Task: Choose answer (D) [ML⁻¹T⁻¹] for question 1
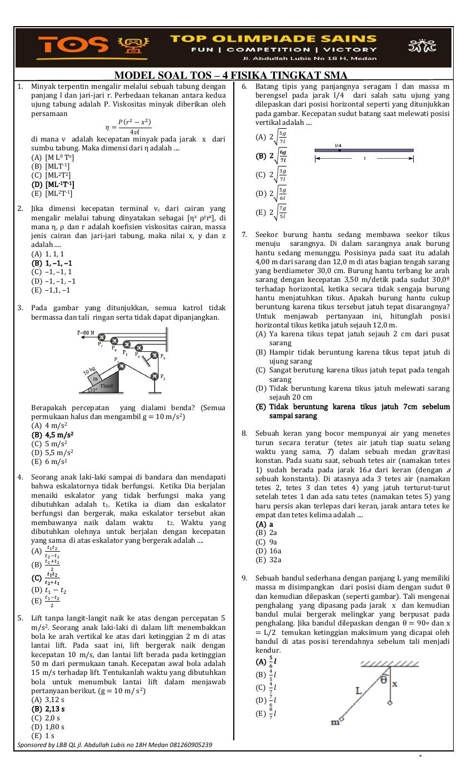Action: (x=53, y=184)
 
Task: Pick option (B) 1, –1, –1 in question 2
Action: (x=52, y=263)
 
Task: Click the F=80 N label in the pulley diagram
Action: (x=87, y=334)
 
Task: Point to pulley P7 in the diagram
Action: (x=102, y=338)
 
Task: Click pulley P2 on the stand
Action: (x=154, y=376)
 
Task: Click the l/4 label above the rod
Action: (x=338, y=145)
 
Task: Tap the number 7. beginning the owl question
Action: (x=244, y=235)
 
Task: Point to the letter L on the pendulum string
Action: (x=359, y=690)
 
